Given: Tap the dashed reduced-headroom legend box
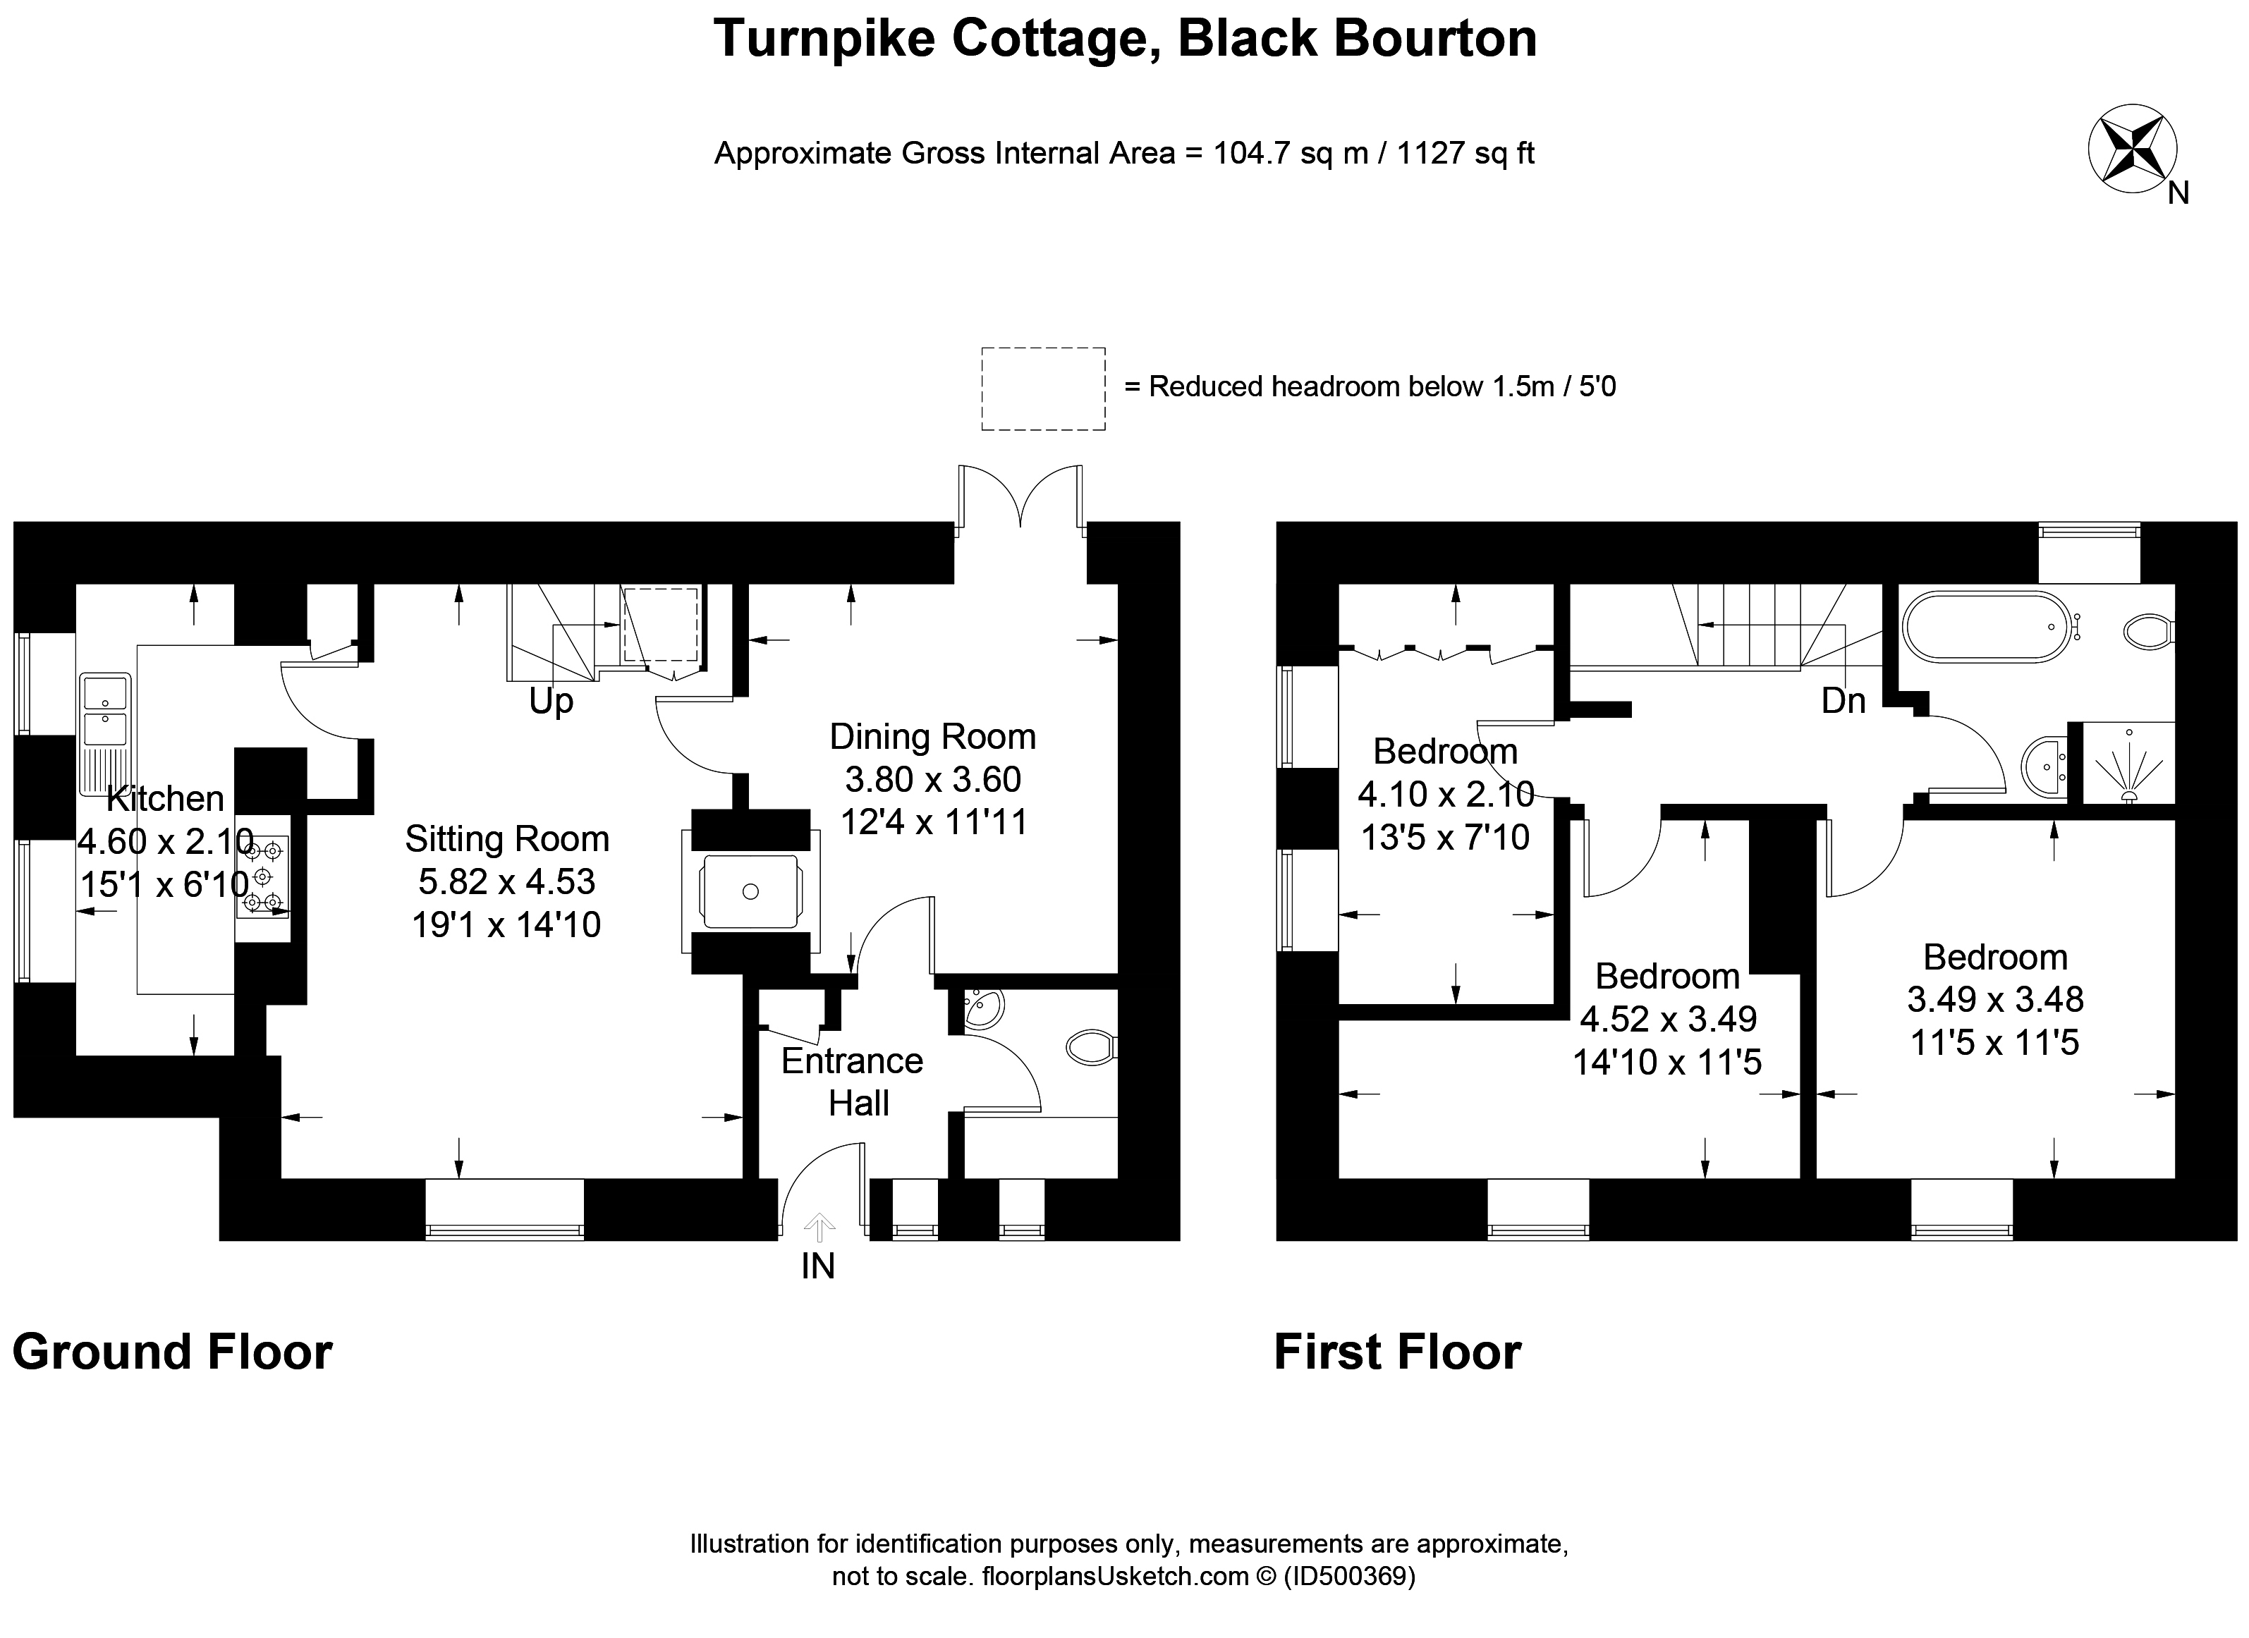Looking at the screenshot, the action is tap(1043, 389).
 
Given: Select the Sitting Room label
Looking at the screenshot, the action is tap(507, 839).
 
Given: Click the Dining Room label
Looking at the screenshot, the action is tap(932, 737).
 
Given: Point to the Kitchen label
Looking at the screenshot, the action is tap(166, 798).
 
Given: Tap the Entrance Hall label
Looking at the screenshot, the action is tap(852, 1082).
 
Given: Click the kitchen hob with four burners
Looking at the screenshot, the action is tap(263, 876).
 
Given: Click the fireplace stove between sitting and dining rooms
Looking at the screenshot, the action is tap(750, 891).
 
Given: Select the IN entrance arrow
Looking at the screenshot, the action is tap(818, 1228).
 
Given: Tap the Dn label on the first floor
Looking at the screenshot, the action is tap(1843, 701).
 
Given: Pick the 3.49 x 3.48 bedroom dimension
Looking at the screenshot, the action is tap(1995, 999).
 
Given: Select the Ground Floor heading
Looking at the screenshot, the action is tap(173, 1352).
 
